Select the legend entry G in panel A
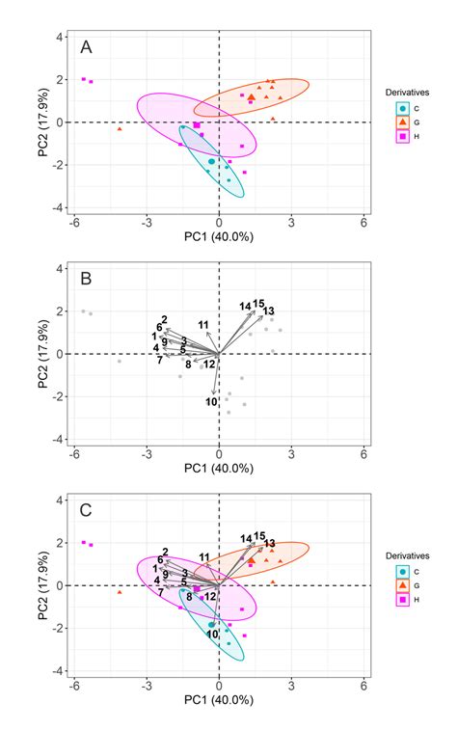click(x=403, y=122)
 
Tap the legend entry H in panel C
click(x=403, y=599)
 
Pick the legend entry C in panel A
click(x=403, y=109)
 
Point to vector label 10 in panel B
click(x=212, y=401)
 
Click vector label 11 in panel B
click(x=203, y=324)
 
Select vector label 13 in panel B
click(x=269, y=311)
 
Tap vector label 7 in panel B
click(x=159, y=360)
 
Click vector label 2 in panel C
click(x=165, y=552)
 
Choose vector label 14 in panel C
click(x=246, y=538)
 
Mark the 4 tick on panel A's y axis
click(x=60, y=37)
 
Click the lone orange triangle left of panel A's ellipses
click(x=120, y=128)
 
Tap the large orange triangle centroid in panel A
click(x=252, y=96)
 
